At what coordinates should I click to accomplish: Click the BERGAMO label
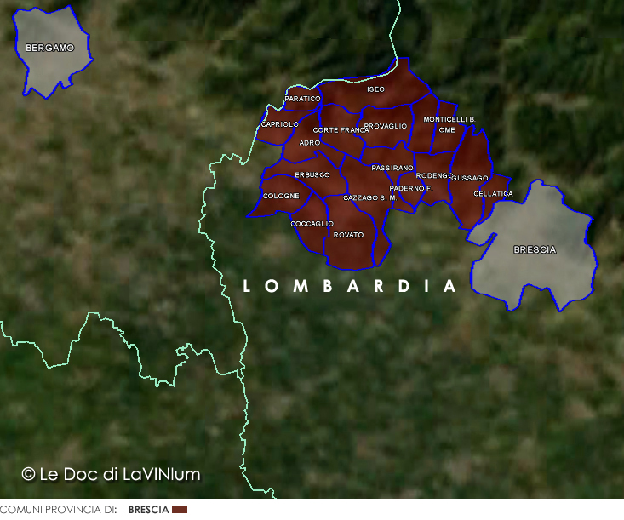pyautogui.click(x=49, y=49)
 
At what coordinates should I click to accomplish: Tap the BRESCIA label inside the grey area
pyautogui.click(x=535, y=250)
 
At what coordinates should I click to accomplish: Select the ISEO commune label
pyautogui.click(x=375, y=89)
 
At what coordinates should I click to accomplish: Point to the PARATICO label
pyautogui.click(x=302, y=99)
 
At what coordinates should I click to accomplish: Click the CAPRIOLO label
pyautogui.click(x=280, y=124)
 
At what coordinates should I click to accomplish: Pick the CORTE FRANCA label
pyautogui.click(x=341, y=130)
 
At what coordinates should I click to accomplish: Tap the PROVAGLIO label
pyautogui.click(x=386, y=126)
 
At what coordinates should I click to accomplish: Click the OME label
pyautogui.click(x=447, y=130)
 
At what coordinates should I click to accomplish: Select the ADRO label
pyautogui.click(x=310, y=143)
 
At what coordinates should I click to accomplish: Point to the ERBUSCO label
pyautogui.click(x=312, y=175)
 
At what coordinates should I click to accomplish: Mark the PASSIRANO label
pyautogui.click(x=392, y=169)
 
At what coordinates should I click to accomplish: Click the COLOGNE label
pyautogui.click(x=281, y=197)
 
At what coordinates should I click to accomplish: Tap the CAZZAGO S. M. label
pyautogui.click(x=369, y=197)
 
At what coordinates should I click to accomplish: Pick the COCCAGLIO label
pyautogui.click(x=312, y=224)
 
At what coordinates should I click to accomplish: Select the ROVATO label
pyautogui.click(x=348, y=235)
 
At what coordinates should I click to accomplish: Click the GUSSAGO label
pyautogui.click(x=470, y=178)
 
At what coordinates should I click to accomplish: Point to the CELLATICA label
pyautogui.click(x=493, y=194)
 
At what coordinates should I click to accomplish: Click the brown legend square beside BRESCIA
pyautogui.click(x=180, y=510)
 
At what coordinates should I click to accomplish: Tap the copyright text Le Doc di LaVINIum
pyautogui.click(x=111, y=474)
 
